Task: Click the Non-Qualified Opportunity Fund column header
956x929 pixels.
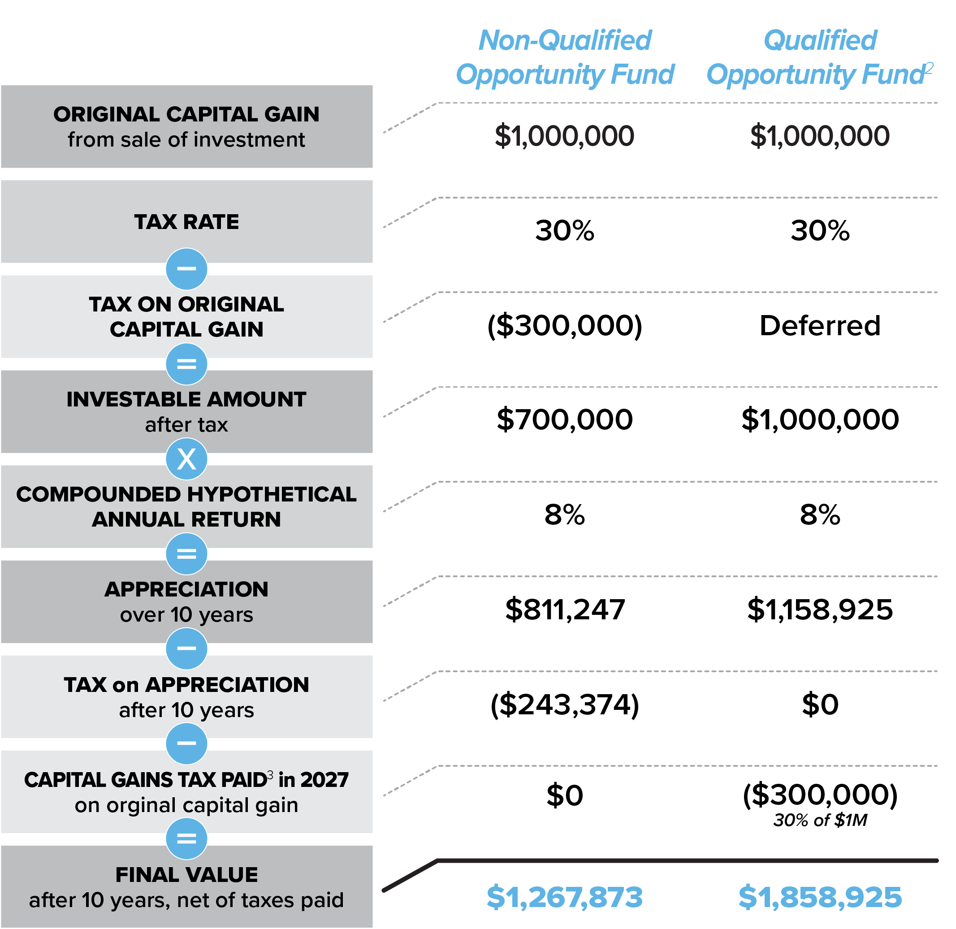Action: point(565,57)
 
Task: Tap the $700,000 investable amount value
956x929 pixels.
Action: point(565,419)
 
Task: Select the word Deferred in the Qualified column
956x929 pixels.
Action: point(820,325)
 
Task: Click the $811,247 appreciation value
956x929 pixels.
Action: point(565,609)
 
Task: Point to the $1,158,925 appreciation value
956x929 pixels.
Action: point(820,609)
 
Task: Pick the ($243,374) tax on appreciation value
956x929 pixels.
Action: point(565,704)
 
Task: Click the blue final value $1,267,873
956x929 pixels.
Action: point(565,897)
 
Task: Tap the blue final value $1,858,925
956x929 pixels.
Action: point(820,897)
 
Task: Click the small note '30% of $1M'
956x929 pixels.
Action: point(820,820)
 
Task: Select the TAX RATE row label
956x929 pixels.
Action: point(186,222)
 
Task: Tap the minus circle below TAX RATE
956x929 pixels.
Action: point(186,269)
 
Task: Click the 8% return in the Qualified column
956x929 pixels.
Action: point(820,515)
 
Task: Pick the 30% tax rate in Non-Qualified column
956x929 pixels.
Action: point(565,231)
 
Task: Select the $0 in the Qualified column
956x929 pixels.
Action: point(820,704)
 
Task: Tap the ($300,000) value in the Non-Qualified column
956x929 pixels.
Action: point(565,325)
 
